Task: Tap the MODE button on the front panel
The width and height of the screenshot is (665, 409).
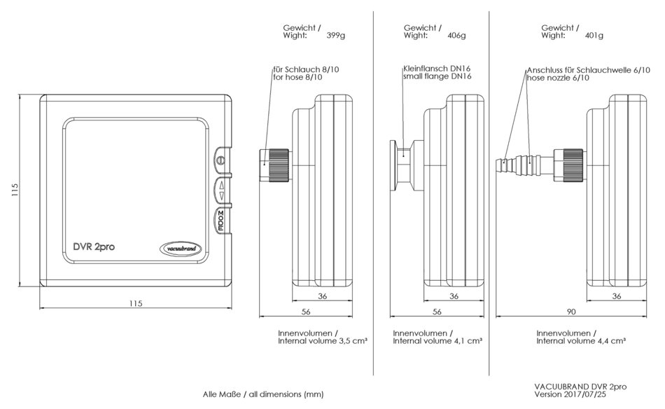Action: click(220, 221)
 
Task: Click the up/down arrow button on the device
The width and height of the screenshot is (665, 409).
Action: click(222, 190)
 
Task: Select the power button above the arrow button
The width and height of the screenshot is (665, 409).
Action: click(221, 160)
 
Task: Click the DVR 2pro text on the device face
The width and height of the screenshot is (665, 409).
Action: click(95, 247)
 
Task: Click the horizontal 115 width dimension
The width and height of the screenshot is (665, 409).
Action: click(136, 303)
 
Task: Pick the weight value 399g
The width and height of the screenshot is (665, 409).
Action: click(337, 35)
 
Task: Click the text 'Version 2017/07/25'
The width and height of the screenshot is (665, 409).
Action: click(570, 394)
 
